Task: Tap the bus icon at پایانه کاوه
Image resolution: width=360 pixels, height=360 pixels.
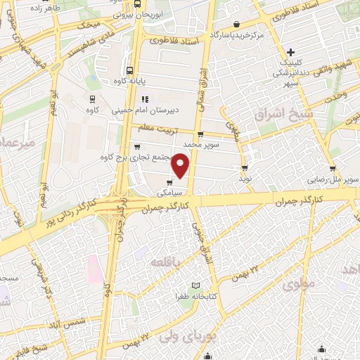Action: pos(129,70)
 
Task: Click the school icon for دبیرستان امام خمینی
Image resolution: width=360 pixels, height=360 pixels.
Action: pos(145,99)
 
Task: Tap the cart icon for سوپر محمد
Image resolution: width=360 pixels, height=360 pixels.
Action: pos(200,134)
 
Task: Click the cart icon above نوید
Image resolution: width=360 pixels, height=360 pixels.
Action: pos(245,167)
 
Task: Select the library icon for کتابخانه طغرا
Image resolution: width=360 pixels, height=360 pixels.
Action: pos(196,285)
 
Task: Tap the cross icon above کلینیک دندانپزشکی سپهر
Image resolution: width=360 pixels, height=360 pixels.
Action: pos(291,52)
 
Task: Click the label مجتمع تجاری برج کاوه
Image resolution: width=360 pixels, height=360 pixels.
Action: pos(134,156)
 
